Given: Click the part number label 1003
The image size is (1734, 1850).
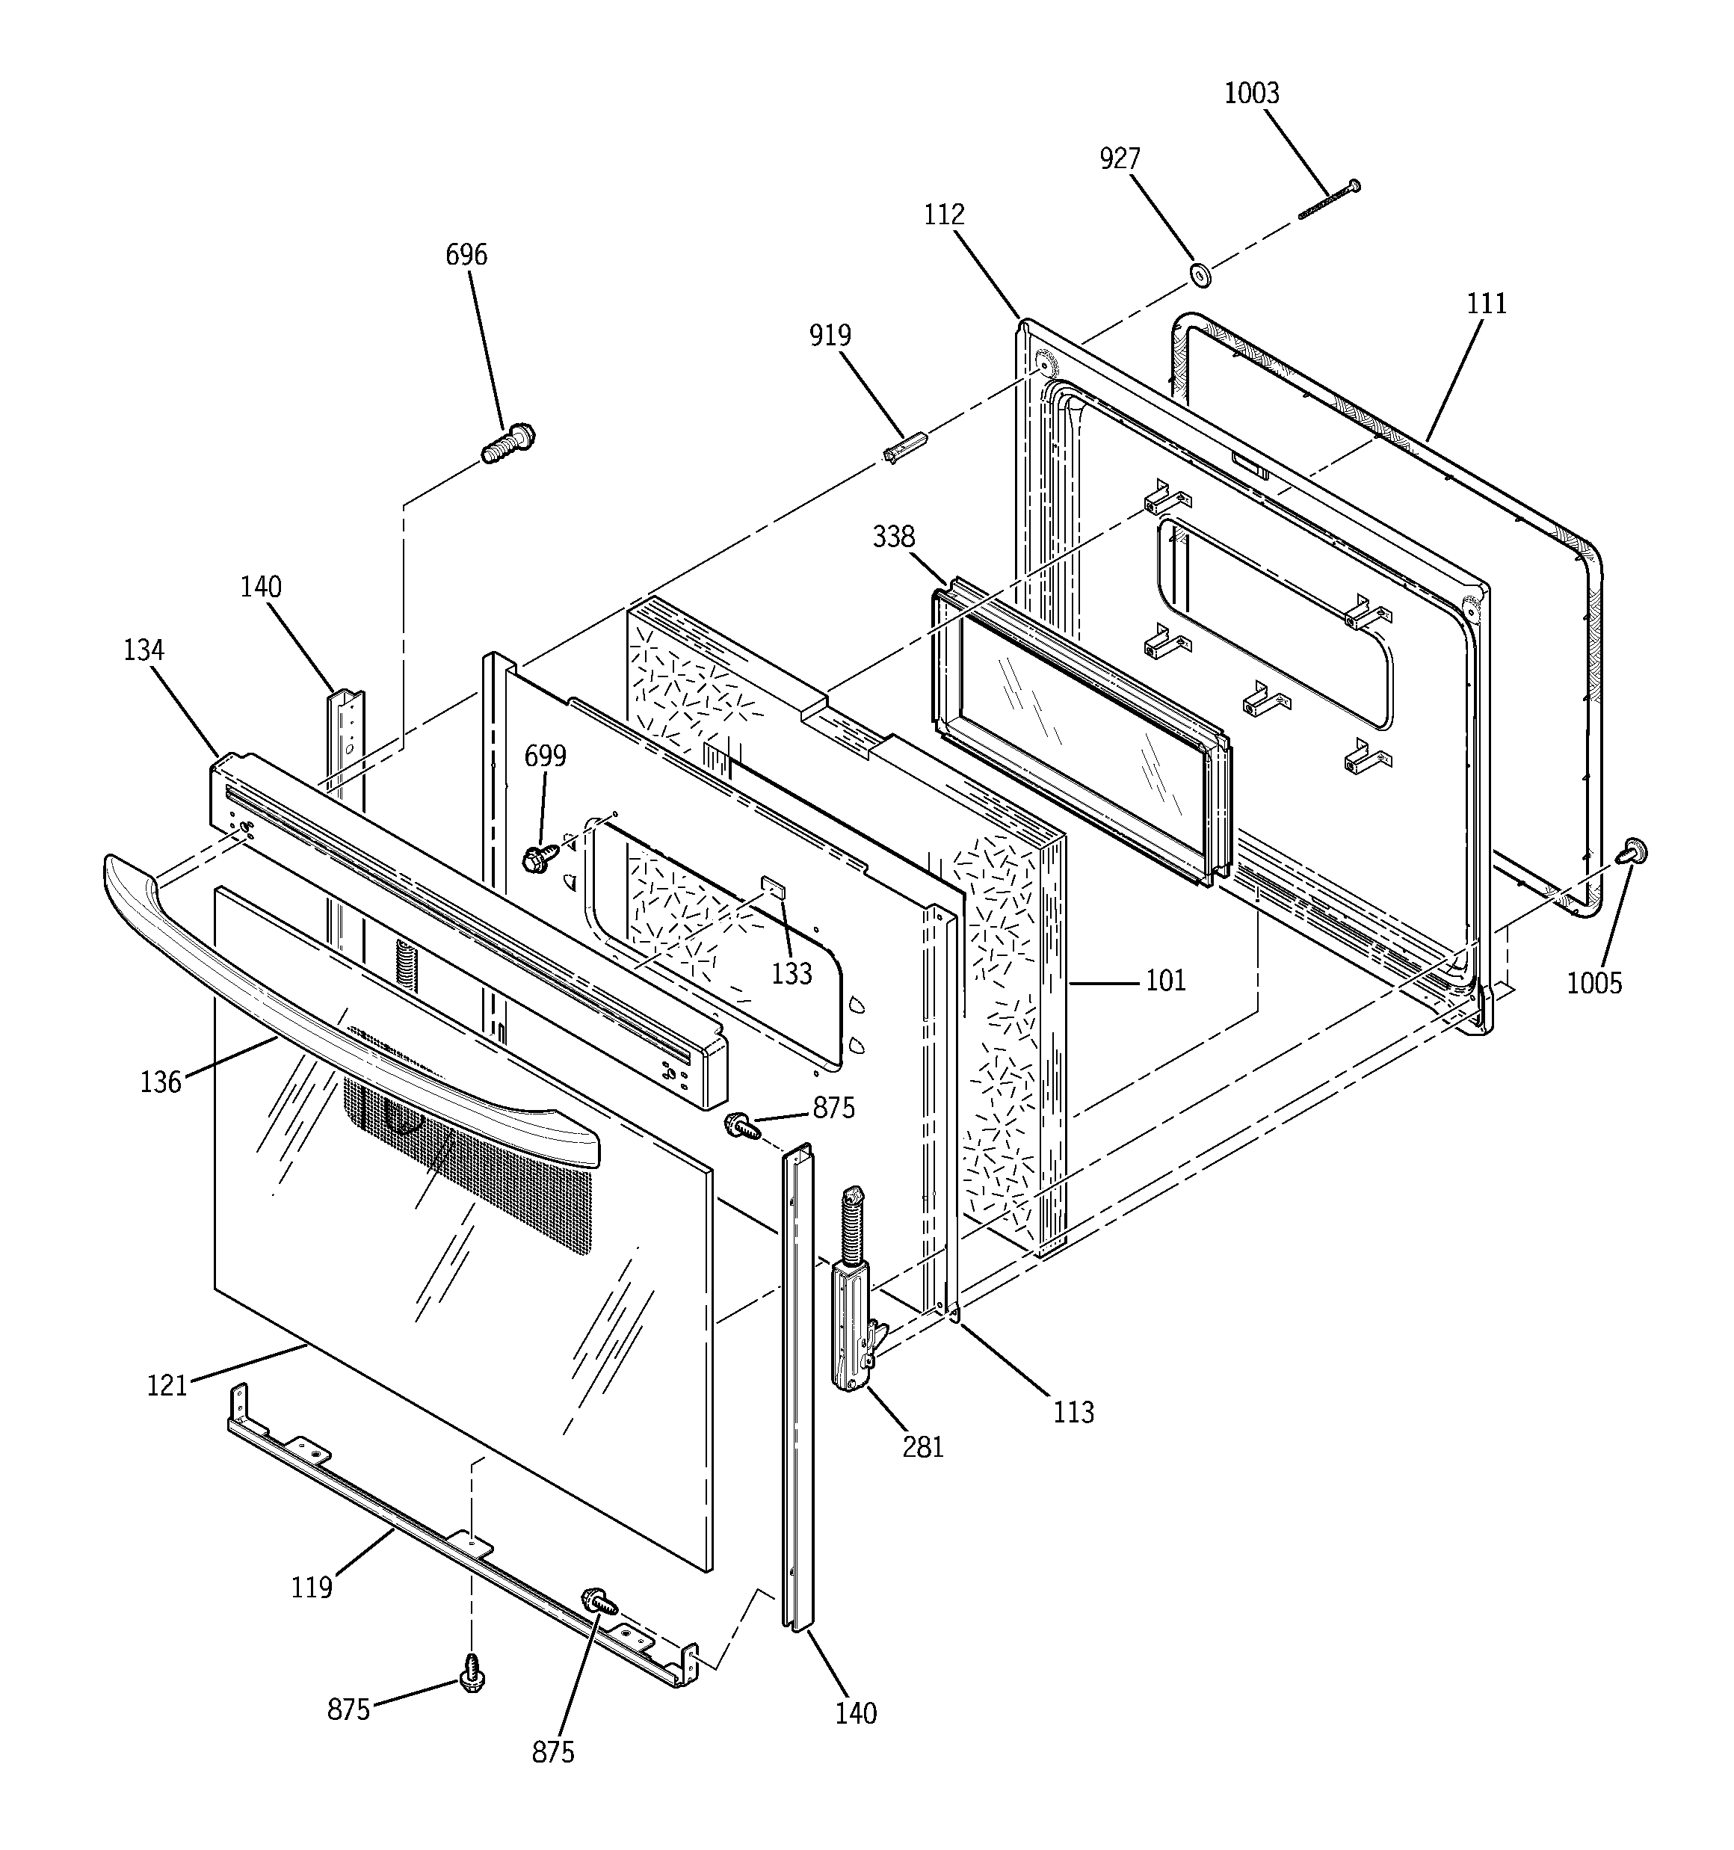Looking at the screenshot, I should pyautogui.click(x=1251, y=93).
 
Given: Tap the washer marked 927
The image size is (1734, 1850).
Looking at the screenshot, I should pyautogui.click(x=1199, y=274).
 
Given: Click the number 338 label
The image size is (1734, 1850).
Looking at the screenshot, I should pyautogui.click(x=893, y=537).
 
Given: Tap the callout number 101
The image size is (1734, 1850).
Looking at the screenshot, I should pyautogui.click(x=1165, y=980).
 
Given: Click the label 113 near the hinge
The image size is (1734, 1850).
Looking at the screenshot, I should pyautogui.click(x=1073, y=1413).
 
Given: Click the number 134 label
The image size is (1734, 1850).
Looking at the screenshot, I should pyautogui.click(x=144, y=650).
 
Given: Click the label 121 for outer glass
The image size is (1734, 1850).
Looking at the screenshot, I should pyautogui.click(x=167, y=1386).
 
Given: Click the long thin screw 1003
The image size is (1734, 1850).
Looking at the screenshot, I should pyautogui.click(x=1328, y=202).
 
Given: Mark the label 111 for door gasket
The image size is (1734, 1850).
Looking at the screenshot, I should pyautogui.click(x=1487, y=303).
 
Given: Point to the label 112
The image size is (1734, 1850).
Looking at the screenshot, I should pyautogui.click(x=944, y=215).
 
